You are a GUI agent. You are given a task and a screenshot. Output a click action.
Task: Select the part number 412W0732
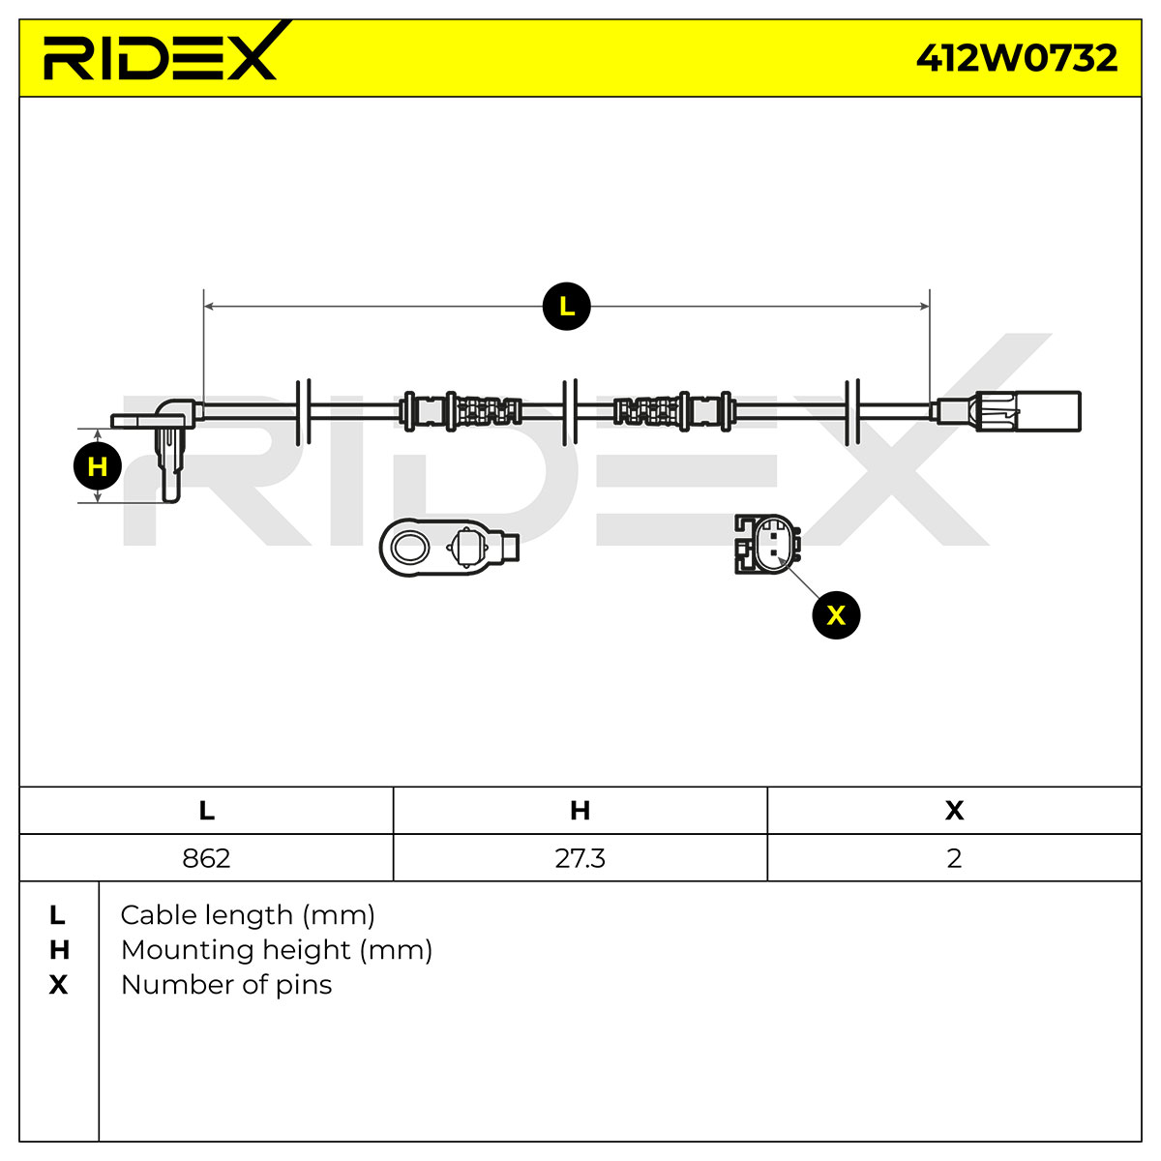click(1017, 58)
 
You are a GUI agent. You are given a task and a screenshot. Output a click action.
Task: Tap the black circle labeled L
click(566, 306)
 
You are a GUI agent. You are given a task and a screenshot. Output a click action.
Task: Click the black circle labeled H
click(97, 466)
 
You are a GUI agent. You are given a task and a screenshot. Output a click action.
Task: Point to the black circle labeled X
click(836, 615)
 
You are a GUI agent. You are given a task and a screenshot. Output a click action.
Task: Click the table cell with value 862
click(206, 858)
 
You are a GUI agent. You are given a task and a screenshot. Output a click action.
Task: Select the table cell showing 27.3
click(580, 858)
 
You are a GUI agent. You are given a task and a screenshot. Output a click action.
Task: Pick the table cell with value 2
click(954, 858)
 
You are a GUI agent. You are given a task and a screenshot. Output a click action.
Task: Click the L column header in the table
click(206, 811)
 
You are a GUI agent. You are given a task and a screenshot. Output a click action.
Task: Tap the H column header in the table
click(580, 811)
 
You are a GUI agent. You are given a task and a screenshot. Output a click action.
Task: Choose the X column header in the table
click(954, 811)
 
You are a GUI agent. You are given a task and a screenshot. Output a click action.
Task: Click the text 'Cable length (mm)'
click(248, 916)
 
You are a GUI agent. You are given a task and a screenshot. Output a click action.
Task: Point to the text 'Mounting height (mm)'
click(277, 951)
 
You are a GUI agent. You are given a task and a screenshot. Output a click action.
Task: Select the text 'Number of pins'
click(226, 985)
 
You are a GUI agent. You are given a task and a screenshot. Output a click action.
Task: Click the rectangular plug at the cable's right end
click(1049, 411)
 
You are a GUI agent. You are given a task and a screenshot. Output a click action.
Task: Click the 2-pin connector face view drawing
click(767, 544)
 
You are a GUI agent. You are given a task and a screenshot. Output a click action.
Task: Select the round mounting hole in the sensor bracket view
click(410, 548)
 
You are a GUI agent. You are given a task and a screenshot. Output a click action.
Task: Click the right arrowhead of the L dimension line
click(924, 306)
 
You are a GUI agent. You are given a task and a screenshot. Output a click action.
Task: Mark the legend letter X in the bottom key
click(58, 985)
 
